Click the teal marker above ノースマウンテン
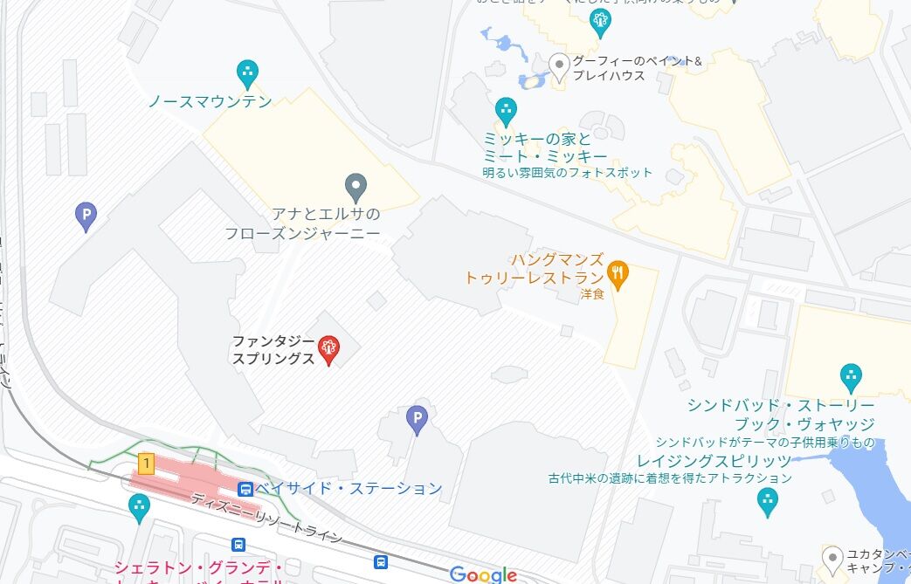tap(248, 72)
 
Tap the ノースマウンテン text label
tap(210, 101)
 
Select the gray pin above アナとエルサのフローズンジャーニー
tap(355, 187)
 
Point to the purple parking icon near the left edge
tap(86, 216)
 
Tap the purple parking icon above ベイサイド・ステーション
tap(418, 420)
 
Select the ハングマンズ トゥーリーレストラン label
tap(534, 269)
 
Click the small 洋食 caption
tap(591, 295)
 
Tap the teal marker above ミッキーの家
tap(505, 111)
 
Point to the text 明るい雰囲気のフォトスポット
tap(567, 172)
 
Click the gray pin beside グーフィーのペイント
tap(560, 65)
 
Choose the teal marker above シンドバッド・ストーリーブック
tap(850, 377)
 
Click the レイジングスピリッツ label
tap(714, 460)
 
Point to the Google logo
tap(483, 574)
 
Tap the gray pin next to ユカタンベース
tap(832, 556)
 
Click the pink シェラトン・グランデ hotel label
tap(198, 568)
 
